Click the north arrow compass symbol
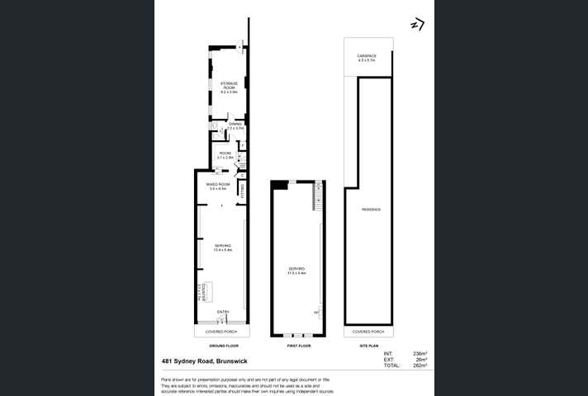point(417,25)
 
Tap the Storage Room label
point(229,86)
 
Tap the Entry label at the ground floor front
point(222,311)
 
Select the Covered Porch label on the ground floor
point(221,332)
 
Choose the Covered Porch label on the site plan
point(367,332)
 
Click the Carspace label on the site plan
point(367,58)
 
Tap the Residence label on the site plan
point(371,210)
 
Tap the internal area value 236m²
point(420,352)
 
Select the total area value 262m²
point(420,365)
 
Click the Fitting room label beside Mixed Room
point(242,190)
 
